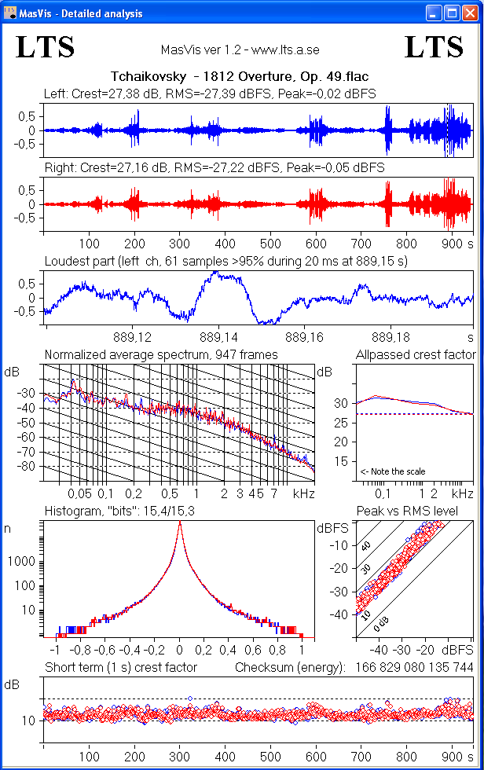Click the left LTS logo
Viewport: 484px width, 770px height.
(45, 48)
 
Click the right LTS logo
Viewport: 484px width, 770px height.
(434, 48)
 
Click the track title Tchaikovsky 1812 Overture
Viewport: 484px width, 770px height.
(240, 77)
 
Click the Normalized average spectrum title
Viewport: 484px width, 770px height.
(161, 354)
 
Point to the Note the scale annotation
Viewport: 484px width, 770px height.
(393, 471)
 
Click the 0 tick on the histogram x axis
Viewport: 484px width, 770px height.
(180, 651)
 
